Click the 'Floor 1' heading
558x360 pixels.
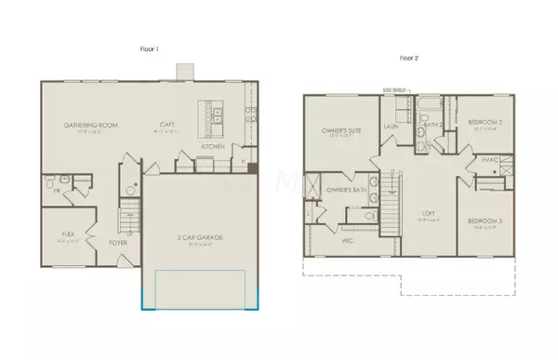pyautogui.click(x=147, y=47)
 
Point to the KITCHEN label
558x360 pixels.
pyautogui.click(x=213, y=147)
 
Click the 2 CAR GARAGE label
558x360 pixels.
pyautogui.click(x=195, y=239)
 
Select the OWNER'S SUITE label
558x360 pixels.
pyautogui.click(x=334, y=130)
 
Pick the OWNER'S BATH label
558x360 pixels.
pyautogui.click(x=325, y=191)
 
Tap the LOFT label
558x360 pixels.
pyautogui.click(x=428, y=212)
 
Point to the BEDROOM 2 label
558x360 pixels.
pyautogui.click(x=485, y=122)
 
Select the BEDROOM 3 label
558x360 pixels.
pyautogui.click(x=485, y=220)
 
